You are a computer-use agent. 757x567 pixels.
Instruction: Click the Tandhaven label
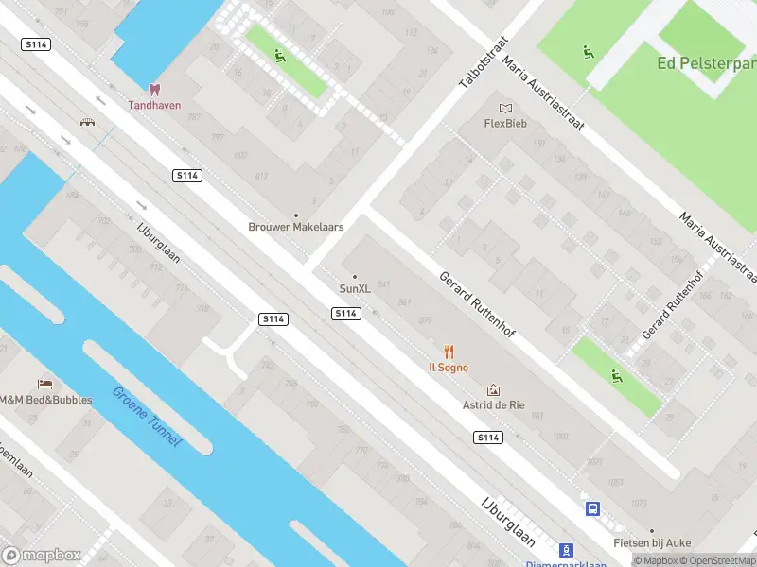tap(154, 105)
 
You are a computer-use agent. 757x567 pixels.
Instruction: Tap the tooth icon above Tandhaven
tap(155, 90)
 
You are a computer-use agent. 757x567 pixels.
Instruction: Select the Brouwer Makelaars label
tap(295, 227)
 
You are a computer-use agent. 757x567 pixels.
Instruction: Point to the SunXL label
tap(355, 288)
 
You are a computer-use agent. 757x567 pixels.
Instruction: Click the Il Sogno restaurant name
tap(449, 367)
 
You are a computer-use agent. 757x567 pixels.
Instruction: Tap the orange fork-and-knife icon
tap(449, 352)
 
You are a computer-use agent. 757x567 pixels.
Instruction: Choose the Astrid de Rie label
tap(492, 404)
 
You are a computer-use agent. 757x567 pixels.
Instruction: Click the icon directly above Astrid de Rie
tap(492, 389)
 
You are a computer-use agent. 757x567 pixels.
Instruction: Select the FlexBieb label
tap(505, 123)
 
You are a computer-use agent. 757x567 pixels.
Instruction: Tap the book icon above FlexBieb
tap(505, 108)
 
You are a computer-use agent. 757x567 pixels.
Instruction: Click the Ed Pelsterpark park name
tap(706, 63)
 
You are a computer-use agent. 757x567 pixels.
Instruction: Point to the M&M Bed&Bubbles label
tap(45, 399)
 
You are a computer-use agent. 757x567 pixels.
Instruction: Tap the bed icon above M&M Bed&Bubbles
tap(44, 383)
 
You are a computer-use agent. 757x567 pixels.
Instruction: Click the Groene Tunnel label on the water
tap(147, 417)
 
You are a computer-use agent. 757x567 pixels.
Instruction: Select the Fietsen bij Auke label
tap(651, 542)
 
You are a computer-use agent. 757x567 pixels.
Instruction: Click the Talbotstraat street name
tap(484, 63)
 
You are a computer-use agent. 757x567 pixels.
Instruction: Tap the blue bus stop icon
tap(593, 508)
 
